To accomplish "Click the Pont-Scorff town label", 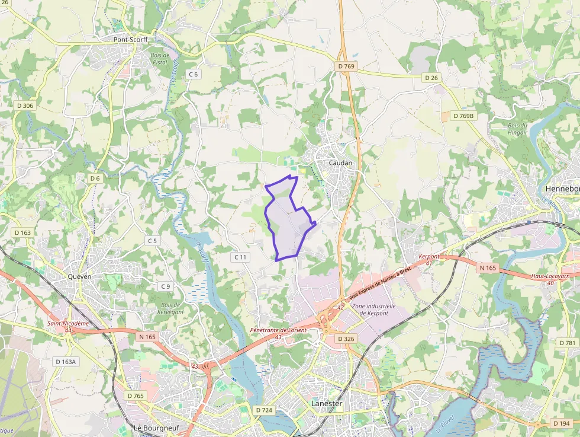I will (x=130, y=40).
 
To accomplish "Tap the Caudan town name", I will (x=340, y=163).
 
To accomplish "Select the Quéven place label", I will (x=79, y=276).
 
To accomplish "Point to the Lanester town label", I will (x=327, y=404).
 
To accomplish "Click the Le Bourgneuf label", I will (x=156, y=428).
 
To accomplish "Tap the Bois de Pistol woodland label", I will (x=160, y=59).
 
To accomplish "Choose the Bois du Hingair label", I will (x=517, y=129).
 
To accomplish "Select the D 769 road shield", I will (x=346, y=66).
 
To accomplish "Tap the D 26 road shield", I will (x=431, y=78).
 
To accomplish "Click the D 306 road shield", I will (x=25, y=106).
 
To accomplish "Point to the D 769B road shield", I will (x=463, y=116).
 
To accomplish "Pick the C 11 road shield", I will (x=240, y=257).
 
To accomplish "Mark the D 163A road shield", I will (x=65, y=361).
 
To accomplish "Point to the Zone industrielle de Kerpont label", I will (x=373, y=310).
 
